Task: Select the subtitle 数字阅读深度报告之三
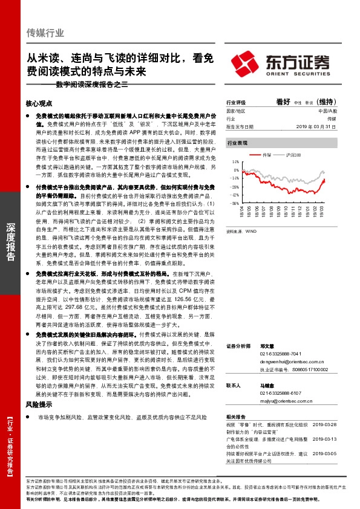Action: pos(92,85)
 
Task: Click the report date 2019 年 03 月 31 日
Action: pos(319,127)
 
